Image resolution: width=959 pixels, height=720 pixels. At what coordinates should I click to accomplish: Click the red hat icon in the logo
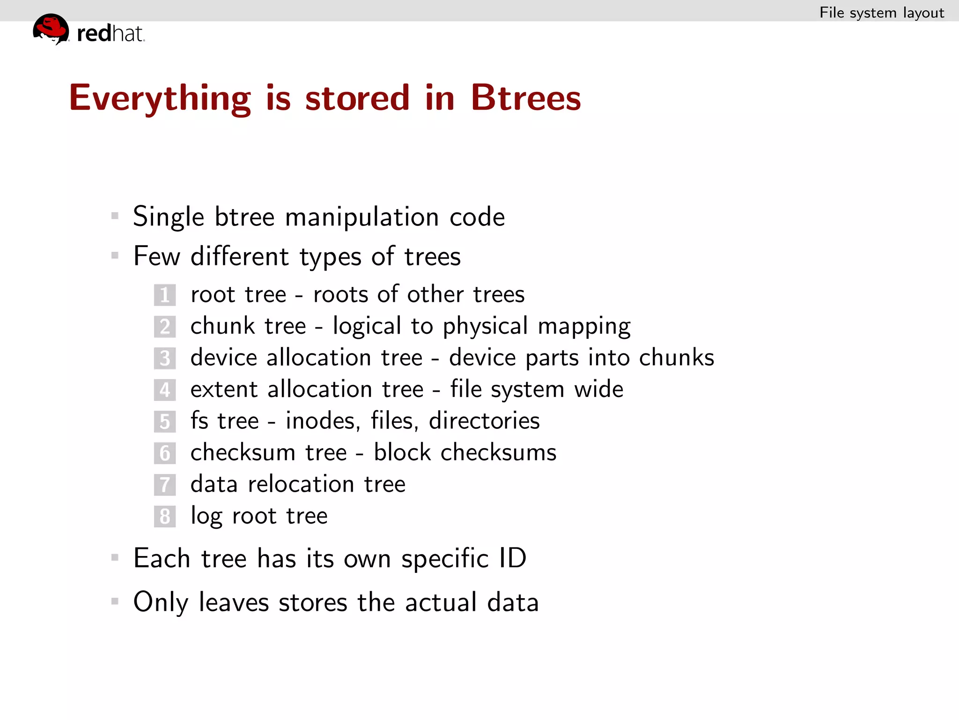(51, 29)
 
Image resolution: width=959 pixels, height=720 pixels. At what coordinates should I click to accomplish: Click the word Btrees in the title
(525, 98)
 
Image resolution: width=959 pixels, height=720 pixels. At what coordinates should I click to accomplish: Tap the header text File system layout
(881, 13)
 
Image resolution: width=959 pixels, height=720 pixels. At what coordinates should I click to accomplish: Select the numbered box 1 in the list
(165, 295)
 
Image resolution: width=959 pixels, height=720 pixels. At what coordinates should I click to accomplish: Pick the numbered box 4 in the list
(165, 390)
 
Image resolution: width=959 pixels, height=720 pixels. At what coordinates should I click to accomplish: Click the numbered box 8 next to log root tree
(165, 517)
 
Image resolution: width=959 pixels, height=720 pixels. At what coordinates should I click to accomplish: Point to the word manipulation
(361, 217)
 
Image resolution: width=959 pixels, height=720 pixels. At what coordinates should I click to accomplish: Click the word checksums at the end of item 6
(498, 453)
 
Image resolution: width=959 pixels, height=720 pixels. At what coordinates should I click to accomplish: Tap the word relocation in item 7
(301, 484)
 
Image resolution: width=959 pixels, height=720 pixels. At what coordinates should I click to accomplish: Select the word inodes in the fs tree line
(323, 421)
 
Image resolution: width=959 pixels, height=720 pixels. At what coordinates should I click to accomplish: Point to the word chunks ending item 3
(676, 358)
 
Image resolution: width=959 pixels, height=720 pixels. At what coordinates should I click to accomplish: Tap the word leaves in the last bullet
(234, 603)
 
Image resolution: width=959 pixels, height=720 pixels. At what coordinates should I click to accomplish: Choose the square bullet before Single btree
(115, 216)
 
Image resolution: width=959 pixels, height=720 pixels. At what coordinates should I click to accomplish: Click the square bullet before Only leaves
(115, 601)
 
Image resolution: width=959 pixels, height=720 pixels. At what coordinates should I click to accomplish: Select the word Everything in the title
(160, 98)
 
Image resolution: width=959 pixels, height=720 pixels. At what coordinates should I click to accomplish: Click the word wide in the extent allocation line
(598, 390)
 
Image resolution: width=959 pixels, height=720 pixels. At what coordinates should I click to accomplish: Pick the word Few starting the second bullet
(156, 256)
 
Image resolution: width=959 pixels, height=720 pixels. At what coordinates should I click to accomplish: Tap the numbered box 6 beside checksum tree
(165, 453)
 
